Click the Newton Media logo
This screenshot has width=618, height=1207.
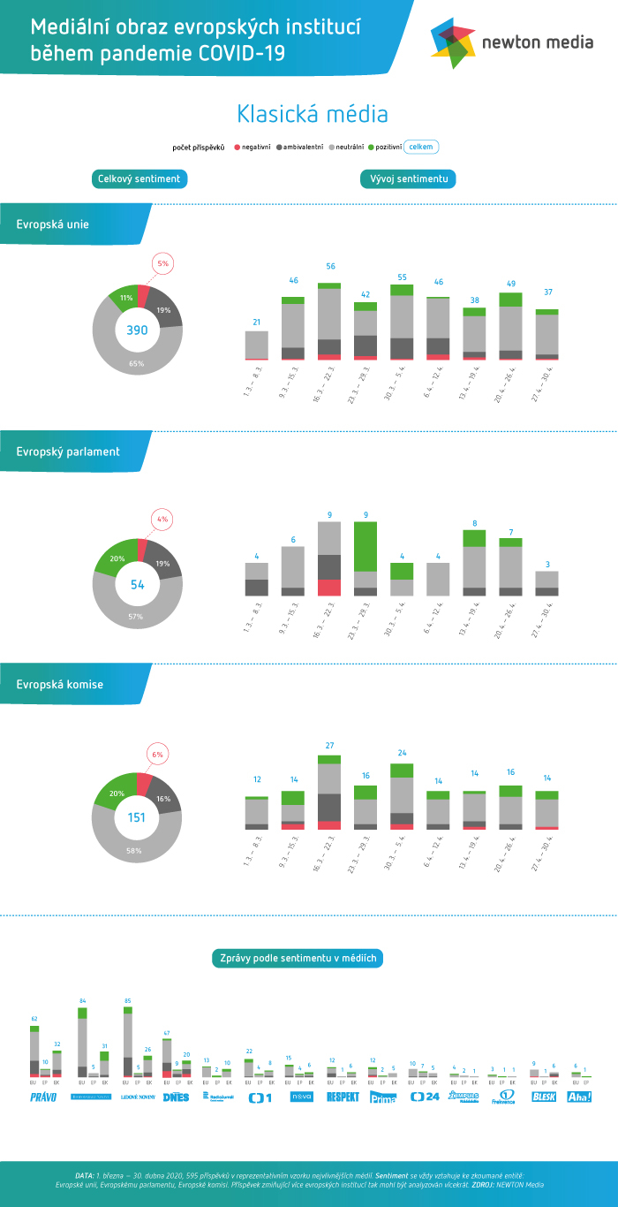coord(512,41)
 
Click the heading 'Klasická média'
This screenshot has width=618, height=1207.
coord(312,114)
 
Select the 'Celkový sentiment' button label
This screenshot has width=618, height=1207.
coord(139,179)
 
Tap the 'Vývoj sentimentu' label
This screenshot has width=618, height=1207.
coord(408,179)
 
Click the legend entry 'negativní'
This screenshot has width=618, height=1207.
coord(252,147)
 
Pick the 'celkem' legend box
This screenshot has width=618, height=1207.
coord(421,147)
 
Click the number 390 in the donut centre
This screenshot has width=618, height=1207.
coord(137,330)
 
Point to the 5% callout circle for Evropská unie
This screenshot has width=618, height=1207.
coord(162,263)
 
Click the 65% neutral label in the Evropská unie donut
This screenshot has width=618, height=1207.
coord(137,363)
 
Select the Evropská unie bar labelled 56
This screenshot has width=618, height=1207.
coord(329,322)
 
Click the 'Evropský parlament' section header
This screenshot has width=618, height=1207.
coord(68,452)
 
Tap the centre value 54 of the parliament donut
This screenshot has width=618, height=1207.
coord(137,585)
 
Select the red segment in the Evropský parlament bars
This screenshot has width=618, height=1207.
coord(329,588)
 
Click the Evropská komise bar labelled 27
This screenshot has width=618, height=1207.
coord(329,792)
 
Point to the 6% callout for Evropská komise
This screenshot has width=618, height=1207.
coord(158,755)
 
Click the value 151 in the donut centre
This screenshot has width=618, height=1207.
coord(137,817)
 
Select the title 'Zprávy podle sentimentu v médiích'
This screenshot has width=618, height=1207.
coord(298,958)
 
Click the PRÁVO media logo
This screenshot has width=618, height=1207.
coord(43,1097)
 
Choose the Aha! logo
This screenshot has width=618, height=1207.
coord(579,1097)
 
